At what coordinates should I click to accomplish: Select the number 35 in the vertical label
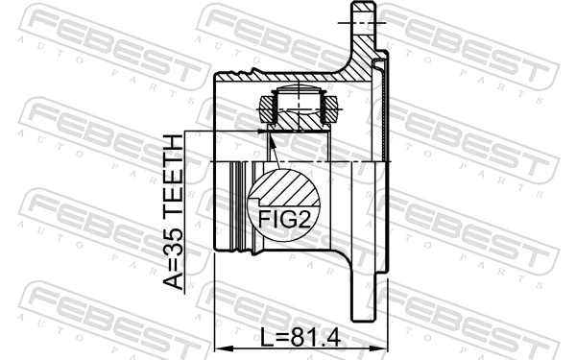pyautogui.click(x=175, y=241)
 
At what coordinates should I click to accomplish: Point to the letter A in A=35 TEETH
pyautogui.click(x=175, y=279)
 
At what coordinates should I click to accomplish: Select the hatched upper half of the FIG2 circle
pyautogui.click(x=278, y=188)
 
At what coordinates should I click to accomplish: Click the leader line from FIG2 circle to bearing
pyautogui.click(x=270, y=149)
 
